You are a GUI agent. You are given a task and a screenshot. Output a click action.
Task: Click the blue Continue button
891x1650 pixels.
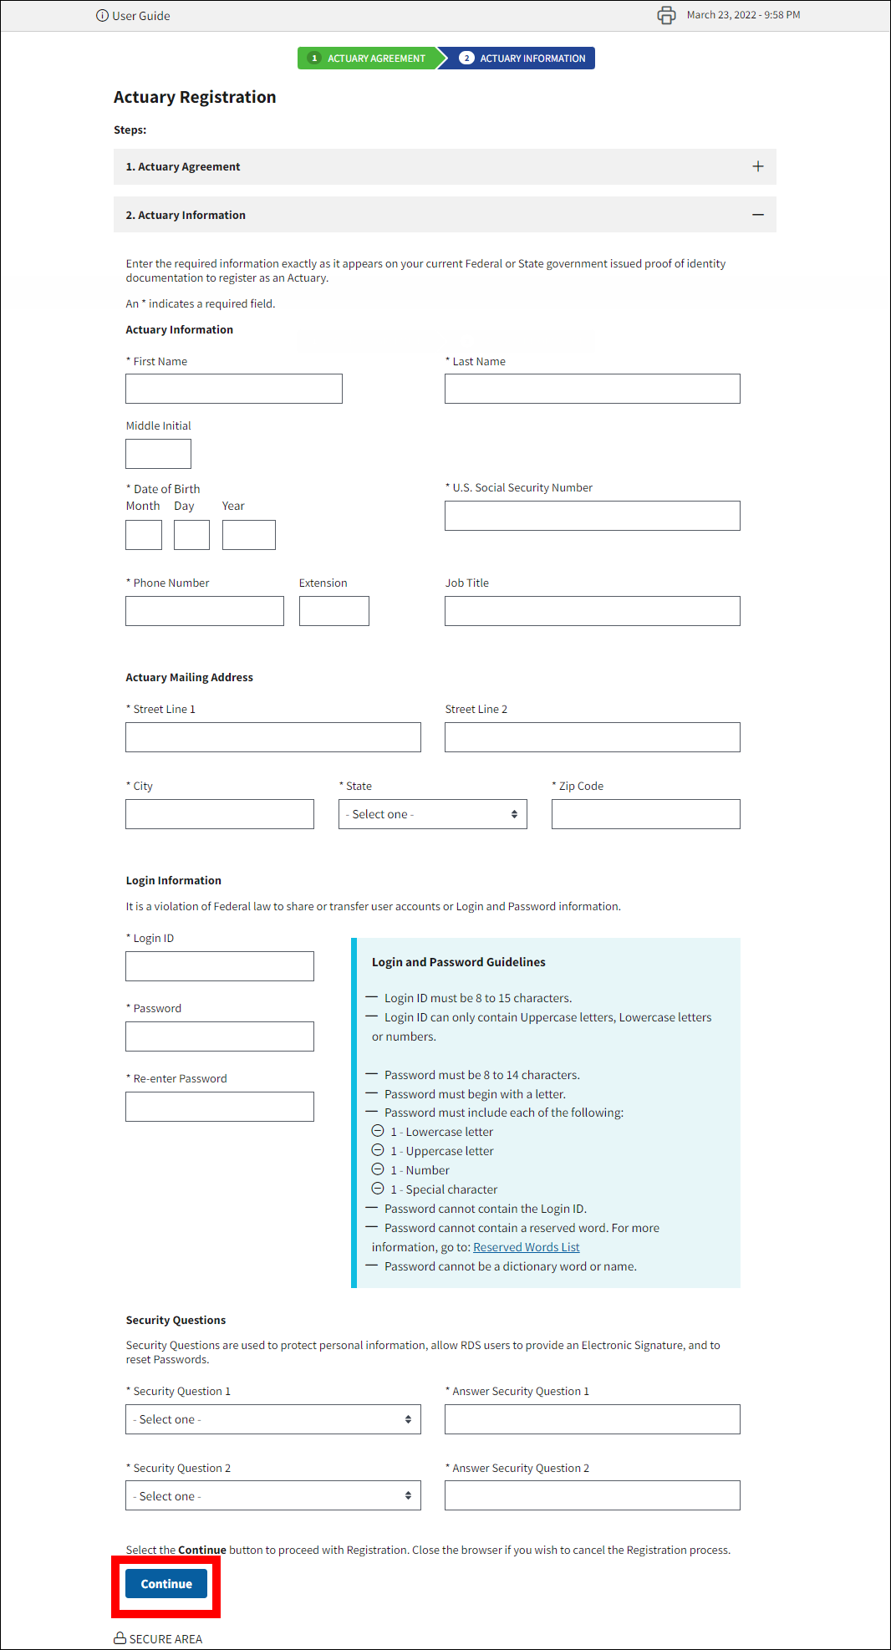pyautogui.click(x=166, y=1584)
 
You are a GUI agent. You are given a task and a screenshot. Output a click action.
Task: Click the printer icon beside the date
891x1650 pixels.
pyautogui.click(x=666, y=15)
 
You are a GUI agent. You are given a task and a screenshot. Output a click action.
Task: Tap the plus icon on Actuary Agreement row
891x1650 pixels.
pyautogui.click(x=757, y=166)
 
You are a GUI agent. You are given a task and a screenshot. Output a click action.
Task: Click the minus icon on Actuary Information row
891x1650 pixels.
pyautogui.click(x=757, y=215)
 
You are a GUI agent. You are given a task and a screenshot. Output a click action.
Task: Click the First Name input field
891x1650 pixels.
pyautogui.click(x=234, y=389)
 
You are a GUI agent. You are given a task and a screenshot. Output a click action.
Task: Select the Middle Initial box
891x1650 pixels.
pyautogui.click(x=158, y=454)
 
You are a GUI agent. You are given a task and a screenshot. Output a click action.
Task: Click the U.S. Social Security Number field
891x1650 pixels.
pyautogui.click(x=592, y=516)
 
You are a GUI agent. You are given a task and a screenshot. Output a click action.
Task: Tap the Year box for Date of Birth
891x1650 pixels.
pyautogui.click(x=248, y=535)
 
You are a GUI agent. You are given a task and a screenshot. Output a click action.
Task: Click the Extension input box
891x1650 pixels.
pyautogui.click(x=333, y=611)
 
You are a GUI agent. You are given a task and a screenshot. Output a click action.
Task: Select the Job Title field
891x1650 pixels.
pyautogui.click(x=592, y=611)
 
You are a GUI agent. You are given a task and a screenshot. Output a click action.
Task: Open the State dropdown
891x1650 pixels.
pyautogui.click(x=432, y=814)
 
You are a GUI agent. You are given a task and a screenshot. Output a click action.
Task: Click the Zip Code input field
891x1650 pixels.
pyautogui.click(x=645, y=814)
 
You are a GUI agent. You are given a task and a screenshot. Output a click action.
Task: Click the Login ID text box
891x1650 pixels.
pyautogui.click(x=220, y=966)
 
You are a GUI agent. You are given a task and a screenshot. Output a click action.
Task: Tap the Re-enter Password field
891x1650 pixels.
pyautogui.click(x=220, y=1107)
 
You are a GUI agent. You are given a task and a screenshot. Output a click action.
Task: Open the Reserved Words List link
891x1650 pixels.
pyautogui.click(x=526, y=1247)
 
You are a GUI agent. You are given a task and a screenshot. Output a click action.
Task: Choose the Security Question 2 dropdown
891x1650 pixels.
pyautogui.click(x=272, y=1495)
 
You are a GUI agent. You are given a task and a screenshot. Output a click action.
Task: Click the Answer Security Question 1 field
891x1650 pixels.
pyautogui.click(x=592, y=1419)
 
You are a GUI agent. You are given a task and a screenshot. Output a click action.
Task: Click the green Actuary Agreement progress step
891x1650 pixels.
pyautogui.click(x=368, y=59)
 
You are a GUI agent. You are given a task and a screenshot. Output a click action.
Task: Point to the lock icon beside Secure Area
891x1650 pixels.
pyautogui.click(x=120, y=1638)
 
